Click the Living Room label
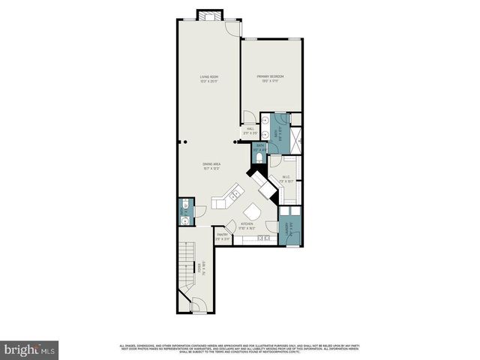pyautogui.click(x=208, y=79)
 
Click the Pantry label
pyautogui.click(x=223, y=236)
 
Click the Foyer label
pyautogui.click(x=200, y=266)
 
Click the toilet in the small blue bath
pyautogui.click(x=260, y=157)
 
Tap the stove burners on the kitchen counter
pyautogui.click(x=264, y=238)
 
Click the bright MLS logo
pyautogui.click(x=30, y=349)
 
